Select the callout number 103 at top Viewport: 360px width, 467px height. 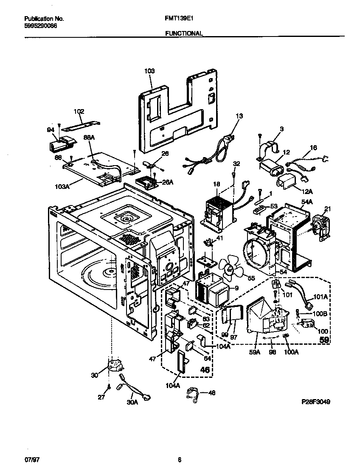pyautogui.click(x=149, y=72)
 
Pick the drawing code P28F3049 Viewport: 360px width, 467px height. pyautogui.click(x=313, y=401)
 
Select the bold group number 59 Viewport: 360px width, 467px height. pyautogui.click(x=324, y=340)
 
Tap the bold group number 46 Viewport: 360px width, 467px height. pyautogui.click(x=205, y=370)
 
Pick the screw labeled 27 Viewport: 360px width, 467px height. pyautogui.click(x=109, y=387)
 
